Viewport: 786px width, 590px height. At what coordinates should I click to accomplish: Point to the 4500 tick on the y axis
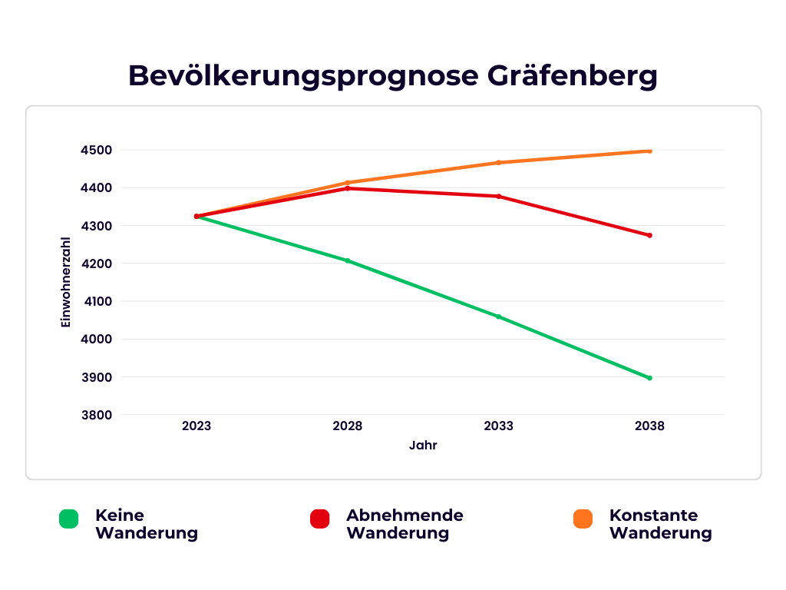[x=96, y=151]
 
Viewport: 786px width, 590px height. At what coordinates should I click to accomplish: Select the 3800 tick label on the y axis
[x=96, y=416]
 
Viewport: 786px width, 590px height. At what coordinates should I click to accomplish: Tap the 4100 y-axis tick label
[x=96, y=302]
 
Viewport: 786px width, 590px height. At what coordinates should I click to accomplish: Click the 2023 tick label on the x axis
[x=196, y=426]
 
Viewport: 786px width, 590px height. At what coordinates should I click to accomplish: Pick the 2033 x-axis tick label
[x=498, y=426]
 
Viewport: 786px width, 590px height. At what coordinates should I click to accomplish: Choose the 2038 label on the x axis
[x=649, y=426]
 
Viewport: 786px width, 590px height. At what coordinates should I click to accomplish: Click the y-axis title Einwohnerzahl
[x=66, y=283]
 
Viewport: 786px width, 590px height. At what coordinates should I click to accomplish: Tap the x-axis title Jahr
[x=423, y=446]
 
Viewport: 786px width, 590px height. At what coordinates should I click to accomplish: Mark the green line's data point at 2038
[x=649, y=378]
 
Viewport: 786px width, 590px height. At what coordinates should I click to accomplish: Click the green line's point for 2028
[x=348, y=261]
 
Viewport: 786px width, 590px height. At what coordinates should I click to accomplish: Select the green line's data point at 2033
[x=498, y=317]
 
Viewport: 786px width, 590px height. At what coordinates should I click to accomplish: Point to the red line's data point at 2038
[x=649, y=235]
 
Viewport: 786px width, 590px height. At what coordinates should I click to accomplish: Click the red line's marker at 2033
[x=498, y=197]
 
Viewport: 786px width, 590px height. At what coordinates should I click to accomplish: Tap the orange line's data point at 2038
[x=649, y=151]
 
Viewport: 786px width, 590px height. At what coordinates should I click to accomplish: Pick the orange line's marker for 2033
[x=498, y=163]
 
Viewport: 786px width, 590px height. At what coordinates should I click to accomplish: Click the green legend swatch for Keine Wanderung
[x=69, y=519]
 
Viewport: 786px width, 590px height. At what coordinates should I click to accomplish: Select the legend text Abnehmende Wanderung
[x=405, y=524]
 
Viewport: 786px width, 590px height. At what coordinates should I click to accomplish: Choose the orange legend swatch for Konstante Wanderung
[x=583, y=519]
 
